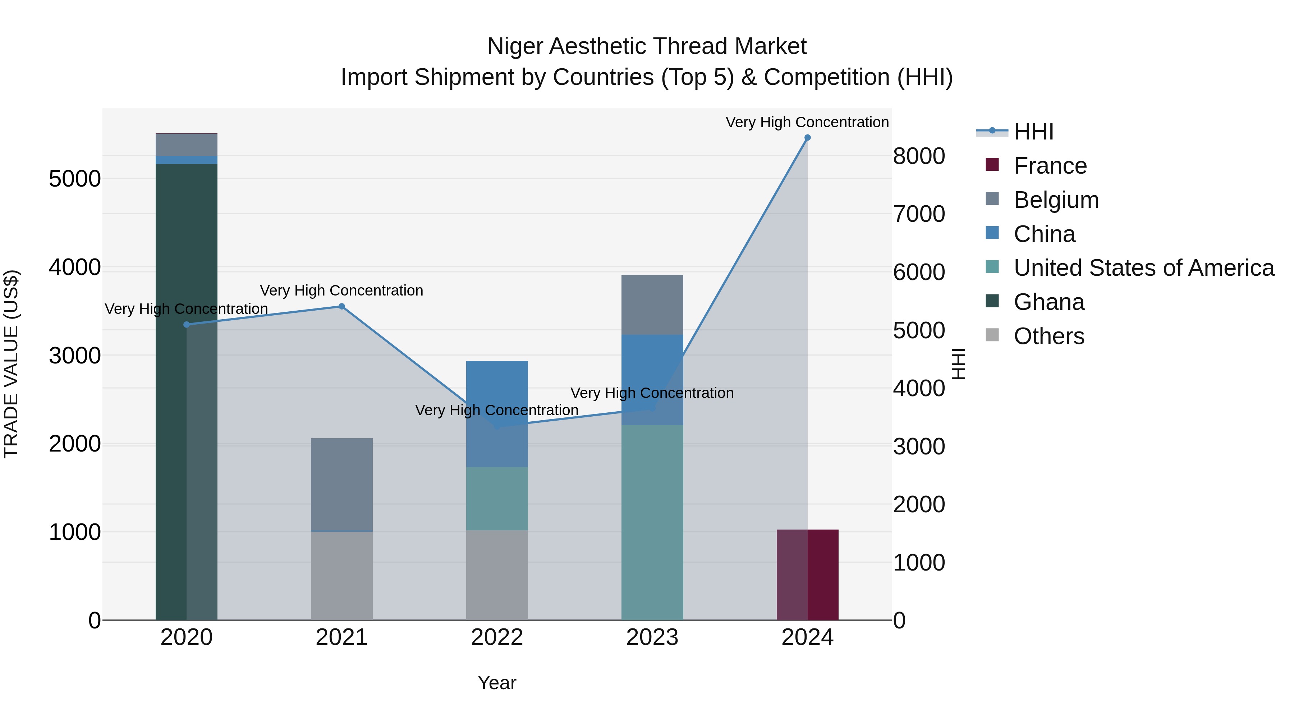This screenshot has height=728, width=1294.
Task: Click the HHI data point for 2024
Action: [x=807, y=138]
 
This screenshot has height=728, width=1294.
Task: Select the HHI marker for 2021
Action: [x=341, y=306]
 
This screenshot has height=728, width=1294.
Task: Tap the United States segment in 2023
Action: [x=652, y=522]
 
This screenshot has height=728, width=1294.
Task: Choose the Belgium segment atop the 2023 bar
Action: [x=652, y=305]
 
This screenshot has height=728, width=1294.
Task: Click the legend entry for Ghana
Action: [x=1049, y=302]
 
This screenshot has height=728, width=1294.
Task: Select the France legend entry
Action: [x=1050, y=166]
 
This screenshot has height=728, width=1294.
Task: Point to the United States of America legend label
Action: [x=1144, y=268]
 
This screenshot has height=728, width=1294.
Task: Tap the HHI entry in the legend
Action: [x=1033, y=132]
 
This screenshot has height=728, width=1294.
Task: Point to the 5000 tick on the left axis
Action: [x=75, y=179]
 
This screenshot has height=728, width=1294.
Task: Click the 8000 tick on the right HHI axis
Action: [x=919, y=156]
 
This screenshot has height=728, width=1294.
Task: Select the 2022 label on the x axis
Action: [x=497, y=637]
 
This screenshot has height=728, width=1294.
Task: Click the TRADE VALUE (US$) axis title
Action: [x=12, y=364]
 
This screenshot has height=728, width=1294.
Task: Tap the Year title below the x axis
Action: [x=497, y=683]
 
